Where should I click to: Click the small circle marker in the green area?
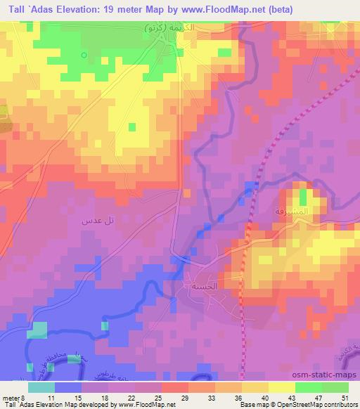click(x=84, y=55)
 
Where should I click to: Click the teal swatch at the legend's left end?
click(x=41, y=387)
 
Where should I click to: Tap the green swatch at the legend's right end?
click(x=335, y=387)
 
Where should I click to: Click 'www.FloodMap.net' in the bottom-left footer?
click(x=147, y=404)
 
